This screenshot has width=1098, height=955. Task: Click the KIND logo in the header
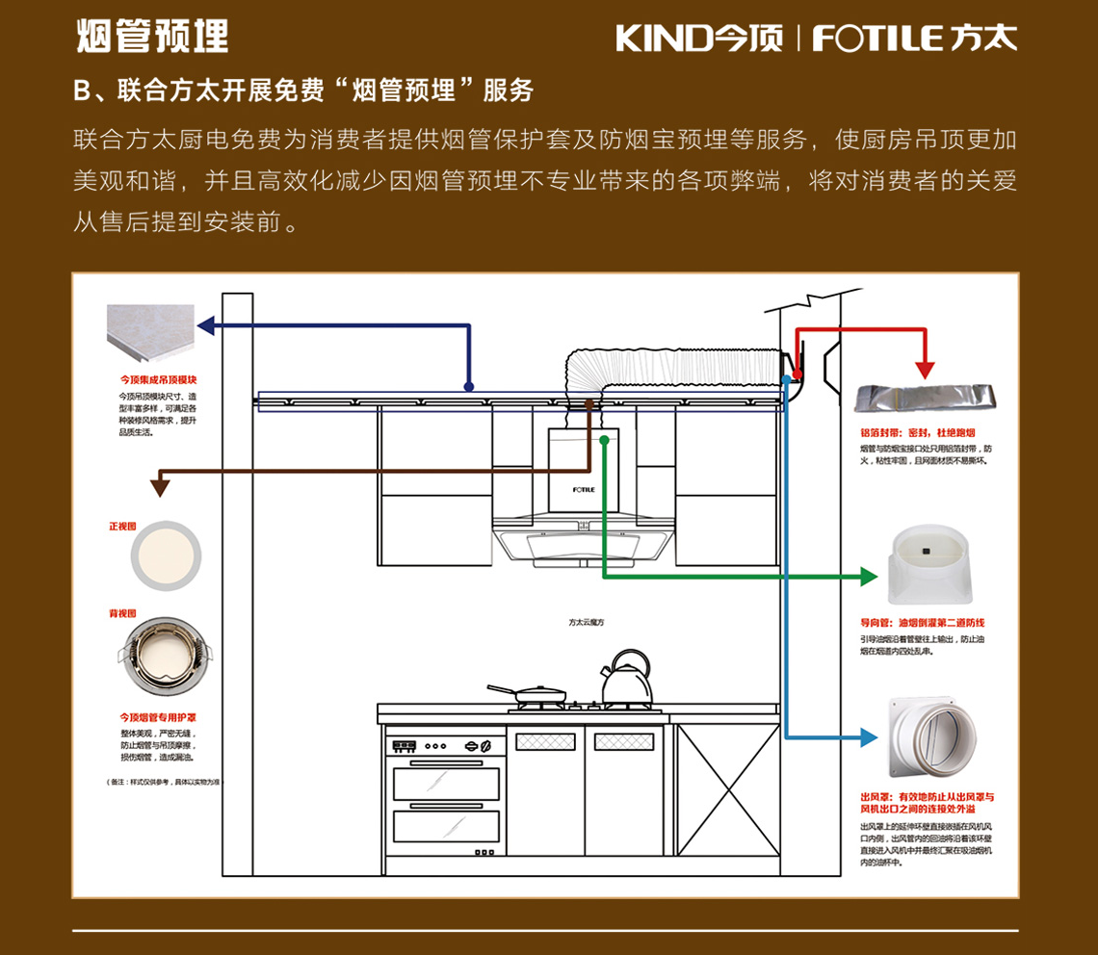pos(698,39)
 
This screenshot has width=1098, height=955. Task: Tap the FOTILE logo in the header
pos(914,39)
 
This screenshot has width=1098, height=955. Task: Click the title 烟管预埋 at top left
pos(152,37)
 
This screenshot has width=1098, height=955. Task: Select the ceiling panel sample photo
pos(151,336)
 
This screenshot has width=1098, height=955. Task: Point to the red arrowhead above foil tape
pos(925,369)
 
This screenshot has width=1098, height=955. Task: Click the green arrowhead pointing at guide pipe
pos(870,577)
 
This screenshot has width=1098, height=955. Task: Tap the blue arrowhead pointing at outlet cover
pos(869,737)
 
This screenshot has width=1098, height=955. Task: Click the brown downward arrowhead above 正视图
pos(160,487)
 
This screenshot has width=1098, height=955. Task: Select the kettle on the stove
pos(625,680)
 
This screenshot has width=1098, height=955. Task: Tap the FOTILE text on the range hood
pos(584,489)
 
